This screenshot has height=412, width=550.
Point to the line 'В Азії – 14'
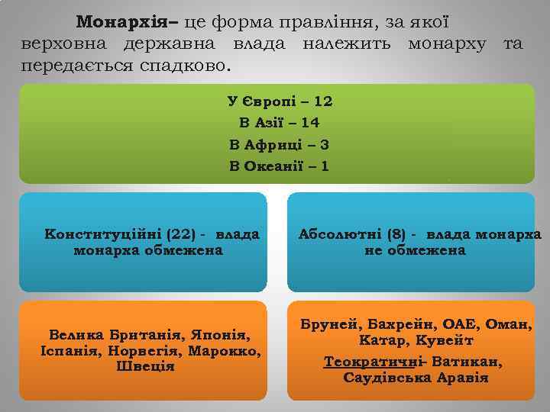point(279,122)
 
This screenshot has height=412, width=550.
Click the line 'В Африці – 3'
point(279,143)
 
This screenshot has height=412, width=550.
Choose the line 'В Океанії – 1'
point(279,165)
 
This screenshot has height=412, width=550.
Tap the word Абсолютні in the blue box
point(337,233)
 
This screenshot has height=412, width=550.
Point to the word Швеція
point(145,367)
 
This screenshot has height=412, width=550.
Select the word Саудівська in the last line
point(386,378)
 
